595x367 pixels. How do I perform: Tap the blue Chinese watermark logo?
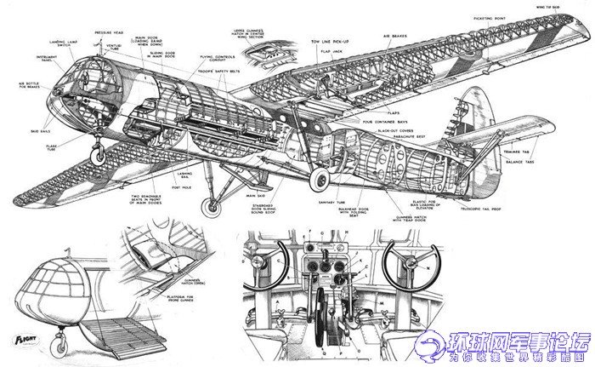click(501, 347)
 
